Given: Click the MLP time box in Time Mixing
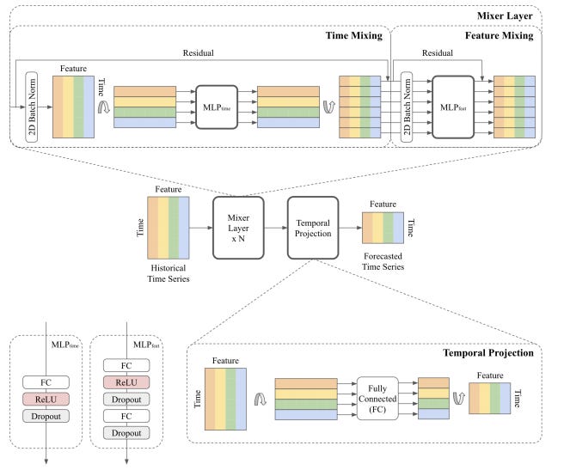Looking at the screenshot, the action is [x=217, y=107].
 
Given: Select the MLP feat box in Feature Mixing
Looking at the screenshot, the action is [x=453, y=107].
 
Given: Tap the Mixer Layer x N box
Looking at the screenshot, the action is [x=238, y=228].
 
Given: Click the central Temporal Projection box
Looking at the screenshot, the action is [x=313, y=228].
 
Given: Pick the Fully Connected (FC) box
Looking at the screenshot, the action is [x=377, y=399].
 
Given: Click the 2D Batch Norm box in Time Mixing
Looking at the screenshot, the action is [x=32, y=107].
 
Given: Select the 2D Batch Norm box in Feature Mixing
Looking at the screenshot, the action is [x=407, y=107].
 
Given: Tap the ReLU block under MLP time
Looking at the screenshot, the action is [x=46, y=400].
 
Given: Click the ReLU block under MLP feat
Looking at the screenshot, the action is [x=126, y=382].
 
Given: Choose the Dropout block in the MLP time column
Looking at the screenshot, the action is [x=46, y=416].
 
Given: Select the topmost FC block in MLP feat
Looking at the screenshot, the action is [x=126, y=365].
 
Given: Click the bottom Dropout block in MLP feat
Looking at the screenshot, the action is [x=126, y=433].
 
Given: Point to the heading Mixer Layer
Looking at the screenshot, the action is [x=505, y=15].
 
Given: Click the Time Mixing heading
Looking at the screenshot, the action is [x=354, y=35].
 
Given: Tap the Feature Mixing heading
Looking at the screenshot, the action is [x=499, y=35].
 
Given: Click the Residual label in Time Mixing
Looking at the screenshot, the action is [x=199, y=53].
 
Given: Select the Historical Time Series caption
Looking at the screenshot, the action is [x=169, y=273].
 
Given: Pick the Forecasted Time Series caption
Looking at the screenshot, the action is [x=383, y=261].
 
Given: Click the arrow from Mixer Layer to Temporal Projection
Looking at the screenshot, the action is [x=276, y=228].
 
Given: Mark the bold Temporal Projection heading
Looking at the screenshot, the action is [x=488, y=353].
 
